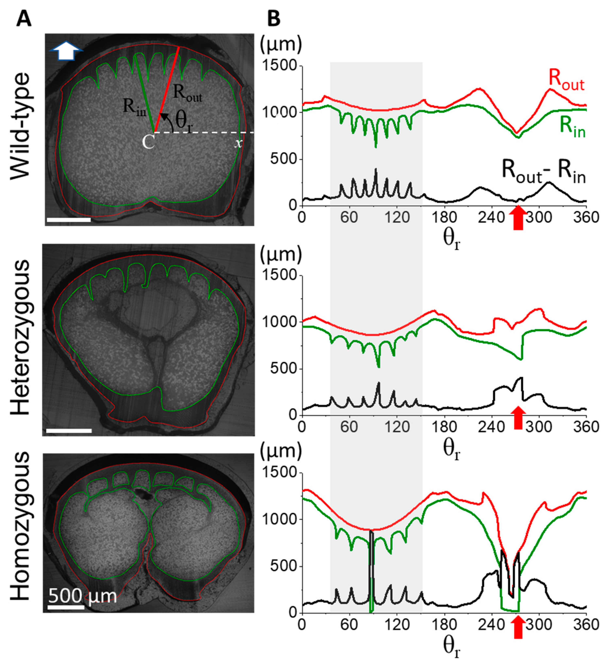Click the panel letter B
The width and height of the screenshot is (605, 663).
tap(274, 19)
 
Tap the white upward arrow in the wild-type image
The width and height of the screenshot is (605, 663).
tap(66, 52)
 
